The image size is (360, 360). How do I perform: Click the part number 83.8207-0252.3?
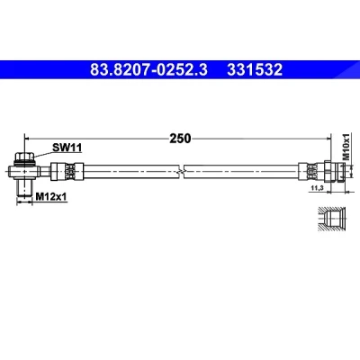(148, 70)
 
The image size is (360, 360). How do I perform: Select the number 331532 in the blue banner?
(255, 70)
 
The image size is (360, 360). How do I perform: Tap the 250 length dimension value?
(180, 139)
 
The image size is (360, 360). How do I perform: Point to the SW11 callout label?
(67, 148)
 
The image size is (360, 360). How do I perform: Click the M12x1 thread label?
(51, 196)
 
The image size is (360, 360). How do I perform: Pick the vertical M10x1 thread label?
(346, 147)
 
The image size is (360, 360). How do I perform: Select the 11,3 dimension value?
(317, 188)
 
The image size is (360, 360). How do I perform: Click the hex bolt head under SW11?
(25, 157)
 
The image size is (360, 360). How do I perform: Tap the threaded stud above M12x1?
(24, 187)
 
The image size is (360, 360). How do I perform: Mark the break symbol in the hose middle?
(181, 172)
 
